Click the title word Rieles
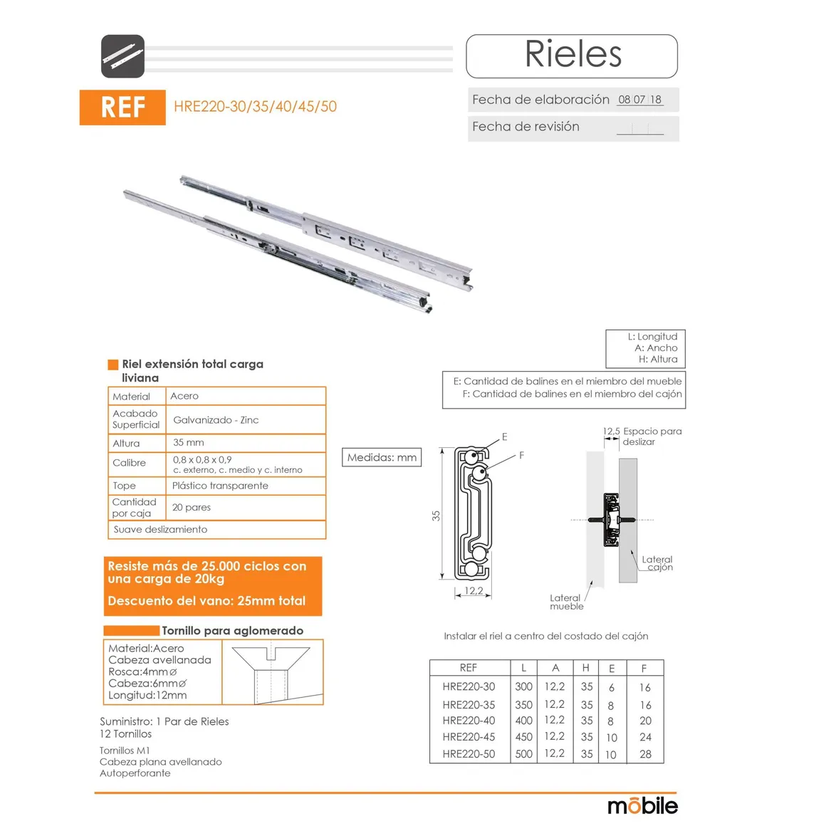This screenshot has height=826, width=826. [573, 54]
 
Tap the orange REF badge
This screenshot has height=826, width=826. [122, 108]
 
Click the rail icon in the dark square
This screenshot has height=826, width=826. [122, 56]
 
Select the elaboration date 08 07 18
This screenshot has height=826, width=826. [640, 100]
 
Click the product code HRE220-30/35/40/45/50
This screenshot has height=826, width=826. [255, 106]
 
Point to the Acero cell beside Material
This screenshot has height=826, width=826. [184, 396]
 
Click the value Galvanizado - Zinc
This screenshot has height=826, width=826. [216, 420]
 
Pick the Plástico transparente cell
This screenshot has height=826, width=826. [220, 486]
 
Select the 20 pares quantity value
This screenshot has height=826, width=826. [192, 507]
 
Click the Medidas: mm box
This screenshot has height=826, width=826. [382, 457]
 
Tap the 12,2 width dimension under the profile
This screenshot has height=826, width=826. [474, 591]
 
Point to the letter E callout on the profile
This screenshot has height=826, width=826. [505, 436]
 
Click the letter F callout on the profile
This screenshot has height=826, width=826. [521, 455]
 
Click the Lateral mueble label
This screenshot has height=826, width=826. [566, 602]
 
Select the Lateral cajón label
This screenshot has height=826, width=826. [657, 563]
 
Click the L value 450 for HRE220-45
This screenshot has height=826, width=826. [523, 737]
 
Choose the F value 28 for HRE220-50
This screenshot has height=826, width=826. [645, 754]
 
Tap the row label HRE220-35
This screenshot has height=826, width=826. [469, 705]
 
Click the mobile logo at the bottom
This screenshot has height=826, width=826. [643, 805]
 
